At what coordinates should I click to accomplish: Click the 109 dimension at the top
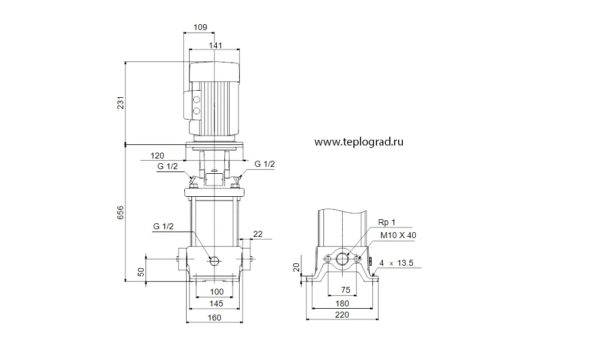click(x=200, y=27)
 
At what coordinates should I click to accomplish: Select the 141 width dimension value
click(x=216, y=45)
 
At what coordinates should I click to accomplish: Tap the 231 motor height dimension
click(x=121, y=103)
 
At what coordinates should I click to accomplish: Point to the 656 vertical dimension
click(x=121, y=213)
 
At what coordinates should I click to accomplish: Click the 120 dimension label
click(x=157, y=156)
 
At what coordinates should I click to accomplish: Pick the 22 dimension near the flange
click(x=258, y=234)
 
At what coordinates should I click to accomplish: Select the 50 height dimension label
click(x=141, y=272)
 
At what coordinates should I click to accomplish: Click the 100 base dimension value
click(x=217, y=292)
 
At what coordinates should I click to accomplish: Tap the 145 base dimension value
click(x=216, y=303)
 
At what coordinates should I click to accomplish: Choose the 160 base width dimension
click(x=214, y=318)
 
